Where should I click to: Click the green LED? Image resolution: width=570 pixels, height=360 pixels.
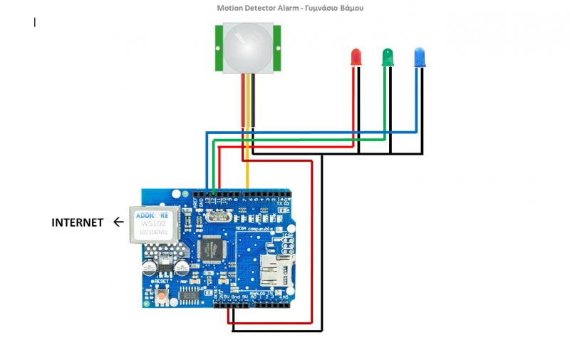coord(388,56)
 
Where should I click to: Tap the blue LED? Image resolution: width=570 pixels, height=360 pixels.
coord(420,56)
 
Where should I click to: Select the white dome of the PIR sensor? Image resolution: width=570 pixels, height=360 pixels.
coord(247,47)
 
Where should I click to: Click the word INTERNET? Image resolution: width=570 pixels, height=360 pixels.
coord(77,222)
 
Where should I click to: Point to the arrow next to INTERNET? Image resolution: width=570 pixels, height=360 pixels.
coord(118,222)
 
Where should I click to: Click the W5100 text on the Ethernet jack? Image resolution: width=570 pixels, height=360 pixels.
coord(152,222)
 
